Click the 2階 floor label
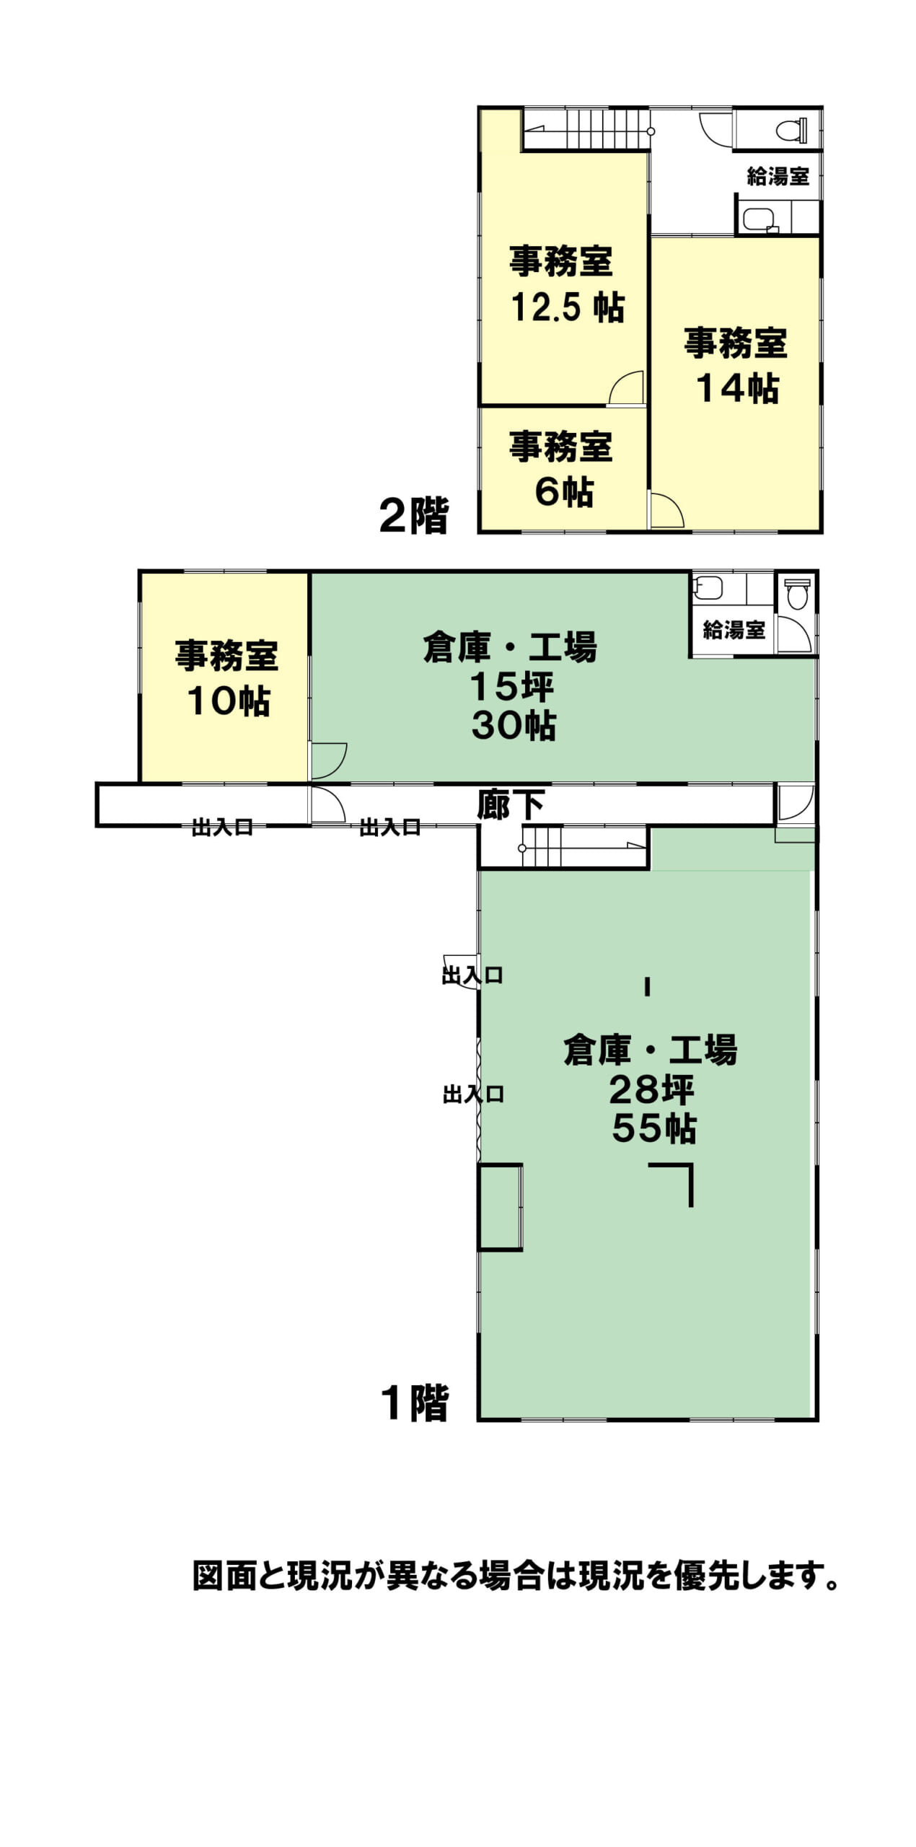click(414, 515)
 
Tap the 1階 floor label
click(415, 1403)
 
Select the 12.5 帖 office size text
click(567, 307)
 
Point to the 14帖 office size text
click(737, 388)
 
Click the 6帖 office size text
click(564, 492)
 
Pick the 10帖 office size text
click(229, 701)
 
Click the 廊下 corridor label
click(510, 805)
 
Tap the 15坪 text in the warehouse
click(512, 687)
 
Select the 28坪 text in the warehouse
click(651, 1089)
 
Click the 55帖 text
click(654, 1128)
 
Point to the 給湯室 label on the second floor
click(778, 176)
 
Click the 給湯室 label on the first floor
click(734, 630)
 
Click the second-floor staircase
click(586, 129)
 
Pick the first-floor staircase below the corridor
click(583, 847)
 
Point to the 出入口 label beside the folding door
click(473, 1094)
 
